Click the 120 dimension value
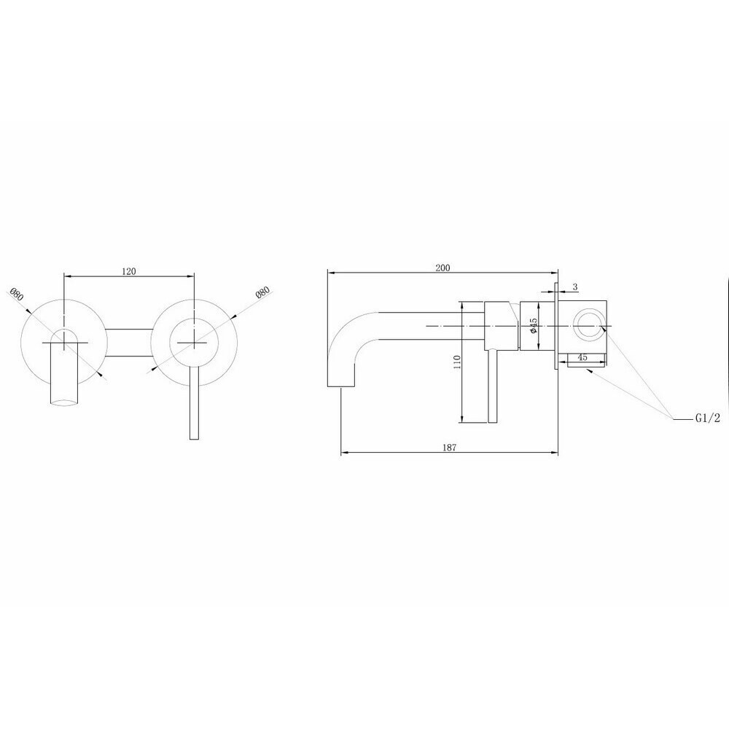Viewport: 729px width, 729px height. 129,271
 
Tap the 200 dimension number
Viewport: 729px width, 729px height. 443,268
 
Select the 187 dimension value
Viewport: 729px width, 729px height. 450,448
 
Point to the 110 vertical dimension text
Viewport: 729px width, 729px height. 457,362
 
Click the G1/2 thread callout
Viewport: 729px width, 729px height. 708,418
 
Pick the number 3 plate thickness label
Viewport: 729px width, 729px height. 575,286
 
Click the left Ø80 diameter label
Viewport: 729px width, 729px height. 16,295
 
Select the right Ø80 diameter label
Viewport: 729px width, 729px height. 262,293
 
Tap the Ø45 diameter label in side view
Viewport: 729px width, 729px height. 534,324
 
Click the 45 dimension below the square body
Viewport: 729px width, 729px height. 582,357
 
